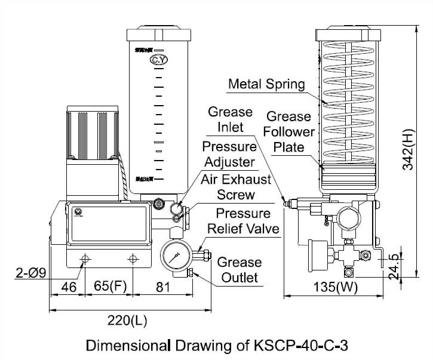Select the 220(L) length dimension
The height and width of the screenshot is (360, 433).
click(x=127, y=321)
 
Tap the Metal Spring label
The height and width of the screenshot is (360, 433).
click(x=266, y=84)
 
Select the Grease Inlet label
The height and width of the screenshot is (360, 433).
click(x=226, y=119)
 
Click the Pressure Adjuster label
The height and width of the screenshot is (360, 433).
click(x=229, y=153)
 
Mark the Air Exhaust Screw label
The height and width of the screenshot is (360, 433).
click(x=235, y=187)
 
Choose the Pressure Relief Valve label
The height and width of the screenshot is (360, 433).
click(x=242, y=221)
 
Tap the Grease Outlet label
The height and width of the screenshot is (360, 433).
click(x=238, y=270)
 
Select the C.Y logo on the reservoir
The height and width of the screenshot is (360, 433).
click(x=159, y=60)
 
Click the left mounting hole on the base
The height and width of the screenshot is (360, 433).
click(x=85, y=260)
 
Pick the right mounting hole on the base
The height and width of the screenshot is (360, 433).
click(x=133, y=260)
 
